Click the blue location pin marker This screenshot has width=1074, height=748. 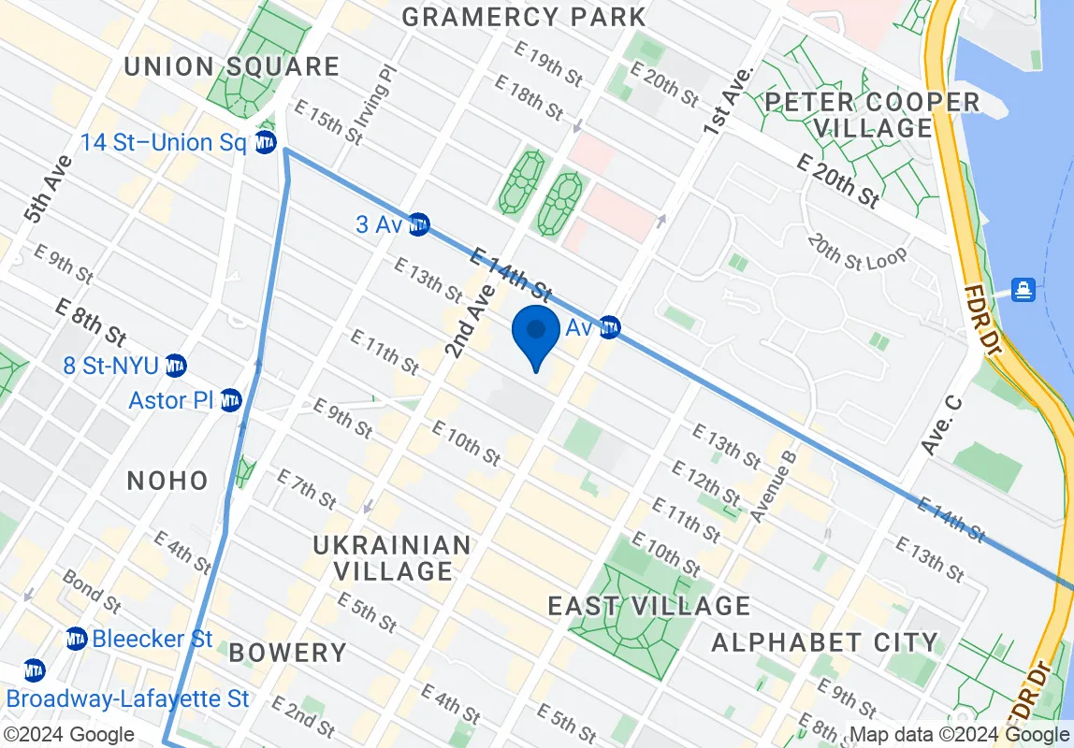(x=536, y=334)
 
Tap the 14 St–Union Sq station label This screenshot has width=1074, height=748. (x=163, y=143)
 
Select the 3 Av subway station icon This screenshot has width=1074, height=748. (x=419, y=224)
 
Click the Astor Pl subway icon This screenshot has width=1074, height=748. (x=231, y=401)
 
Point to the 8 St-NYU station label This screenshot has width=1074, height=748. (x=111, y=365)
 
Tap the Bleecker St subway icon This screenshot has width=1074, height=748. (x=77, y=640)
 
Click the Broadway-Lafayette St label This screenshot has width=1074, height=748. (x=128, y=698)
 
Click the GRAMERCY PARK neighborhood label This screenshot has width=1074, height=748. (x=524, y=17)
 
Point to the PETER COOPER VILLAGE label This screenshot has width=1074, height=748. (x=873, y=114)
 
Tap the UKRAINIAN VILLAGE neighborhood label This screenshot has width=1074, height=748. (x=392, y=556)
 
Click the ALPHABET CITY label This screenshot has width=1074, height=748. (x=824, y=641)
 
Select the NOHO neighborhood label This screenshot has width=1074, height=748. (x=167, y=481)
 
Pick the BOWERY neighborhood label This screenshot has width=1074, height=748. (x=287, y=652)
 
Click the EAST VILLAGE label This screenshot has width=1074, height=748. (x=649, y=606)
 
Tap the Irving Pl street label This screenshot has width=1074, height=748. (x=388, y=93)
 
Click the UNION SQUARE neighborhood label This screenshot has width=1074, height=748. (x=231, y=66)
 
